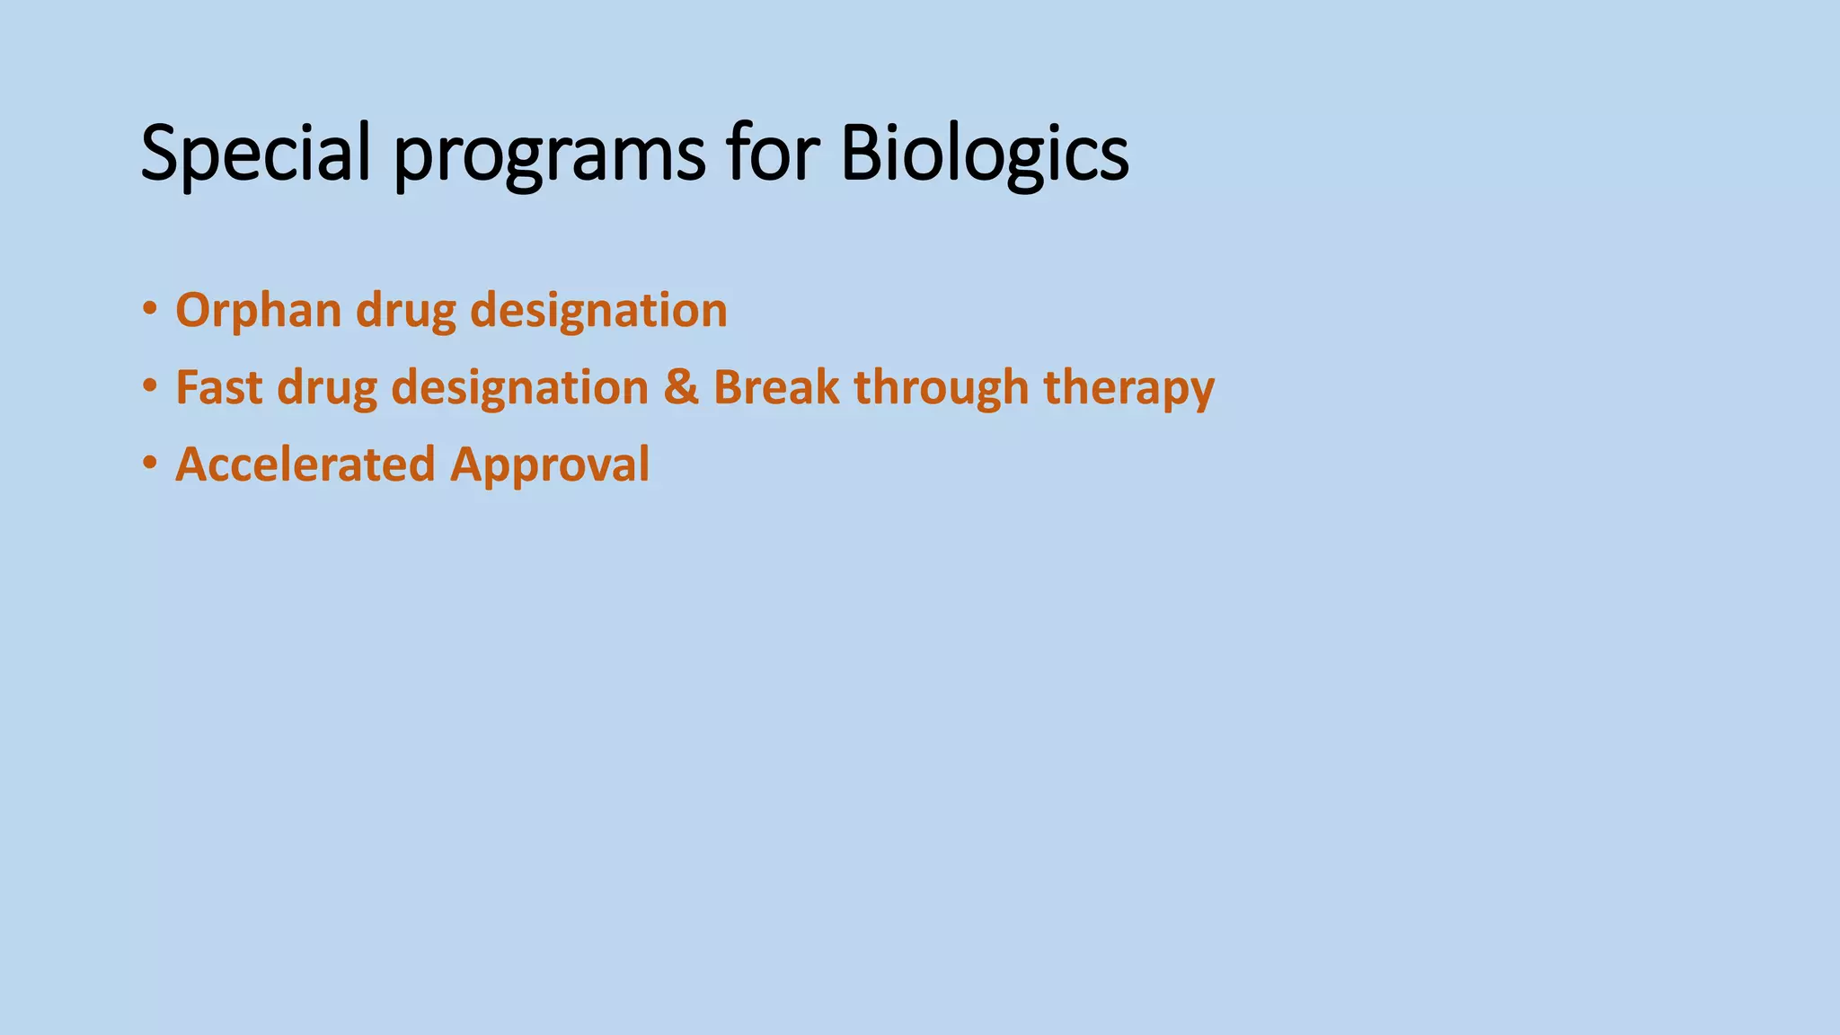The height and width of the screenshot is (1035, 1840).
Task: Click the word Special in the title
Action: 255,155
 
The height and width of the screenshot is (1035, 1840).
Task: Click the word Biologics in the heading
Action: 985,155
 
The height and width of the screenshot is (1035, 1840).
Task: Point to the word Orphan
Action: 259,312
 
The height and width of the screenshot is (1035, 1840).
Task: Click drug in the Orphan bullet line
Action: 406,312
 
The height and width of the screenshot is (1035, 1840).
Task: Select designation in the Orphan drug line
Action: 598,312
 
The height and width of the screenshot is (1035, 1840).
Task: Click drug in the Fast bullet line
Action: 327,388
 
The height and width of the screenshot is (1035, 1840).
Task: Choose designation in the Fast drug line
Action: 520,388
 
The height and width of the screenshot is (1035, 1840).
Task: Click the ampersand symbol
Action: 681,388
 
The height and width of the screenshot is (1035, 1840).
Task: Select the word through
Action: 941,388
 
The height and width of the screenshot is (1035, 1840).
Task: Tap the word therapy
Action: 1128,388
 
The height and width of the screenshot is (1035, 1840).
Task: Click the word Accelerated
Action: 305,465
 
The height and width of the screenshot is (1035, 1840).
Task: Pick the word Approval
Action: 550,465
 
